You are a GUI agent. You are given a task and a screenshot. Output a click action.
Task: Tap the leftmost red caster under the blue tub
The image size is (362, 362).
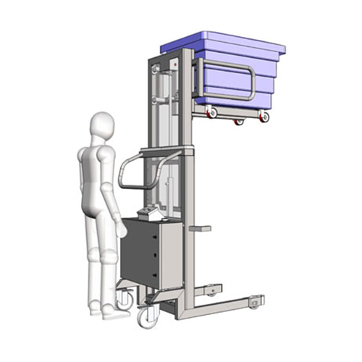[212, 111]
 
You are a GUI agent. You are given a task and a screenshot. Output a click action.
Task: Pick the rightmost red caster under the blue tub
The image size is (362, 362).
[265, 116]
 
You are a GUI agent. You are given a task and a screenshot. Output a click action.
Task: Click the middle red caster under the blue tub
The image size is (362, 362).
[239, 121]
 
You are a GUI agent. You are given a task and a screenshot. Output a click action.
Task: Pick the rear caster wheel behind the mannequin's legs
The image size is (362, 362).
[124, 298]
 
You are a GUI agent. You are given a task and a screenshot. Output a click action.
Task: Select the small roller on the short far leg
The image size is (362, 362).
[211, 291]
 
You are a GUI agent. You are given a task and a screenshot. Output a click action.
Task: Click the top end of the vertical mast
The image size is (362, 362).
[188, 52]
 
